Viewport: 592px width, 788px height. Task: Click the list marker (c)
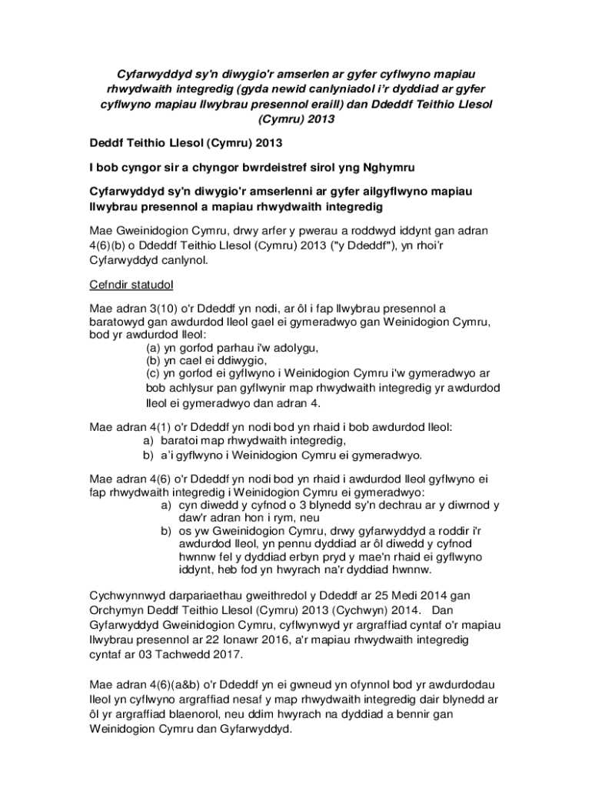[154, 373]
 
